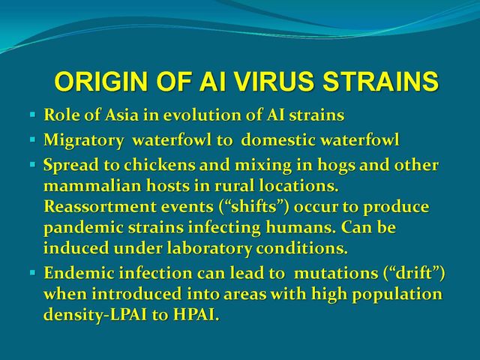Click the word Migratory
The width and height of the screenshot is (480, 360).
click(83, 141)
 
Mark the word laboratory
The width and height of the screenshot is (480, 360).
click(208, 248)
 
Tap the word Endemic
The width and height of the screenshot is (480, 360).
click(79, 273)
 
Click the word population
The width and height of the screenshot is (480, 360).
click(397, 295)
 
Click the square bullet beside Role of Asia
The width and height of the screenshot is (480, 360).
click(33, 115)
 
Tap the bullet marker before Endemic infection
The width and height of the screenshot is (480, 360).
click(33, 272)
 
